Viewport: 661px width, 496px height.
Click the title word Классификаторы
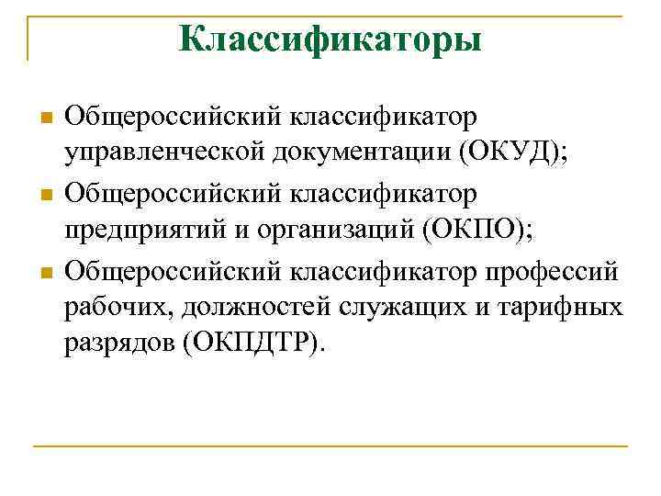click(x=330, y=39)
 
